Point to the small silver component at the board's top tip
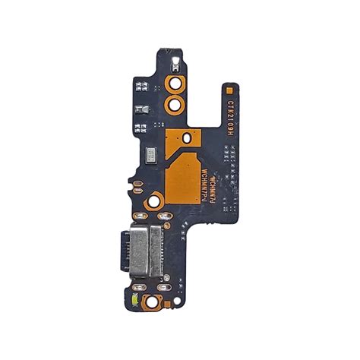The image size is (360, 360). [175, 58]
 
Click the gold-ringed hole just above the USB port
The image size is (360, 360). [155, 202]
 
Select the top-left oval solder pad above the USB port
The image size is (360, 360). [140, 226]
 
